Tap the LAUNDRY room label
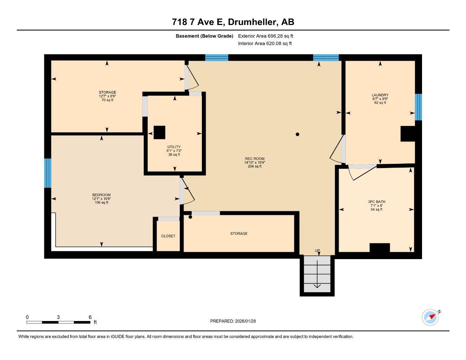[380, 95]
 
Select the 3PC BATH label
[376, 202]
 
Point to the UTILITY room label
[174, 147]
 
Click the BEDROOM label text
[101, 195]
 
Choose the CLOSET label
[168, 236]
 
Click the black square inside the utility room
[159, 132]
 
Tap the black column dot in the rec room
[298, 134]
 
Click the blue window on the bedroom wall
[48, 173]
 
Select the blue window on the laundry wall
[418, 107]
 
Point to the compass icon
[430, 317]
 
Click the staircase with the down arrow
[317, 274]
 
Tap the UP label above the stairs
[317, 251]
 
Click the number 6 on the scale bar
[90, 317]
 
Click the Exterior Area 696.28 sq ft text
[266, 36]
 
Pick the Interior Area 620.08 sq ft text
[265, 44]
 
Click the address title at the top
[233, 22]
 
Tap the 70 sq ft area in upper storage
[107, 100]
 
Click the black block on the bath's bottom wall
[379, 247]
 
